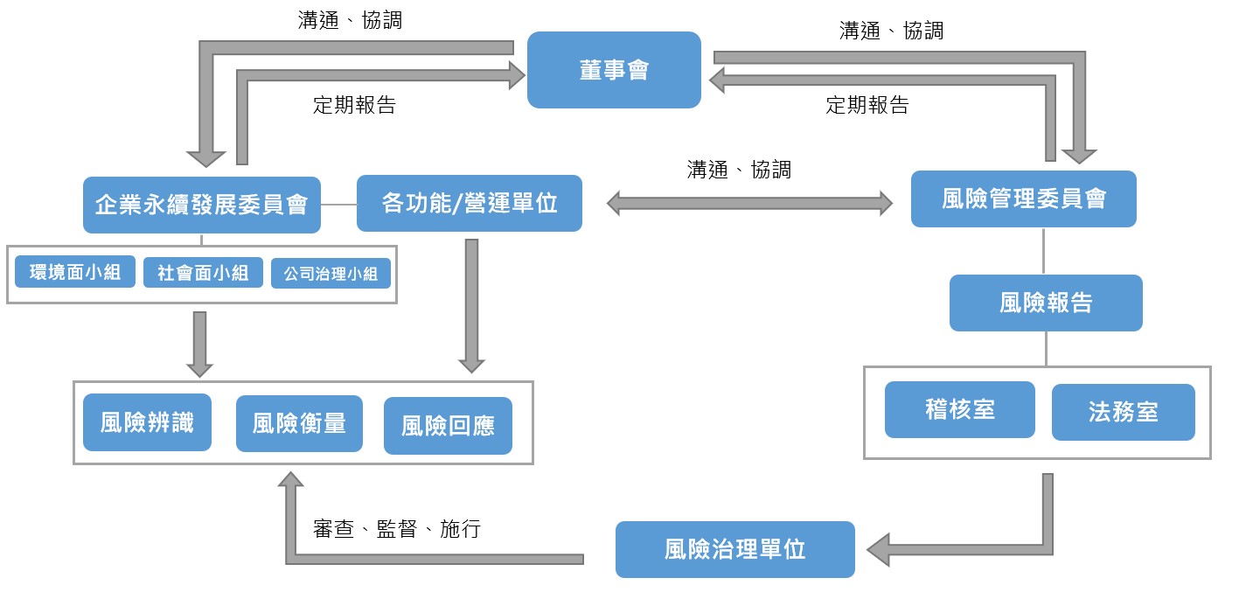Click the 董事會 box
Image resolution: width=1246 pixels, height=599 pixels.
614,70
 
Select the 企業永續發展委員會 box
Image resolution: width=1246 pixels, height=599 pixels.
201,205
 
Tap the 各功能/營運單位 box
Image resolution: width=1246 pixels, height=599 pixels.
469,204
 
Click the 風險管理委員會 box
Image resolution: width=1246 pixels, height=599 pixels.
1023,199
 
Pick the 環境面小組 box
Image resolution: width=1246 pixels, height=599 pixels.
75,273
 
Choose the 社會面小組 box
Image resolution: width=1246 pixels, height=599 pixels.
203,273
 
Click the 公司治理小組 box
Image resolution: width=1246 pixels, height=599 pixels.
331,274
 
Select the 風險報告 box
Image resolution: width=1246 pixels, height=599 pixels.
1046,303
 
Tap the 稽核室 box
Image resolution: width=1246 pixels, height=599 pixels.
959,409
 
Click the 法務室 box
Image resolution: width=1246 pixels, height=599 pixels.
1123,412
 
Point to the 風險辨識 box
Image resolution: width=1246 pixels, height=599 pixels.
147,422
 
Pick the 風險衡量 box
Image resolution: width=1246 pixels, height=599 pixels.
299,423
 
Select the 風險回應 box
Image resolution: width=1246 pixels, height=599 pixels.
448,426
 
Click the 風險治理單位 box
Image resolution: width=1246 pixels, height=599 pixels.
734,549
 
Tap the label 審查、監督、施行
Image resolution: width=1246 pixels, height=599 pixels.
396,529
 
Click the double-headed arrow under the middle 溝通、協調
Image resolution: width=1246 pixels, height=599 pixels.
749,204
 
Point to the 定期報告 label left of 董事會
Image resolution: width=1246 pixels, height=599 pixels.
354,105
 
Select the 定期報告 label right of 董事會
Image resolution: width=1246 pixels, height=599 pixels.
867,105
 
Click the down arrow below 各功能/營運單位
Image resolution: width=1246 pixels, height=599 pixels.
471,306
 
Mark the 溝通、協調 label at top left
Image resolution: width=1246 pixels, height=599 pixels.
350,20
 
